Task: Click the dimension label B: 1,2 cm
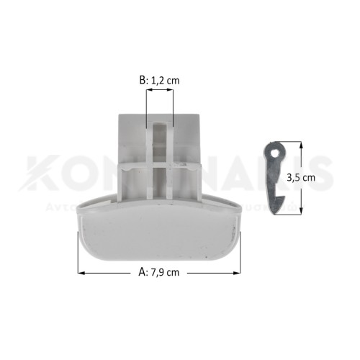click(159, 81)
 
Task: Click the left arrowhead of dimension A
click(80, 273)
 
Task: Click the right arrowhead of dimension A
click(238, 273)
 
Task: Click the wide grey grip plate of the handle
click(158, 238)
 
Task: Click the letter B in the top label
click(142, 81)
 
